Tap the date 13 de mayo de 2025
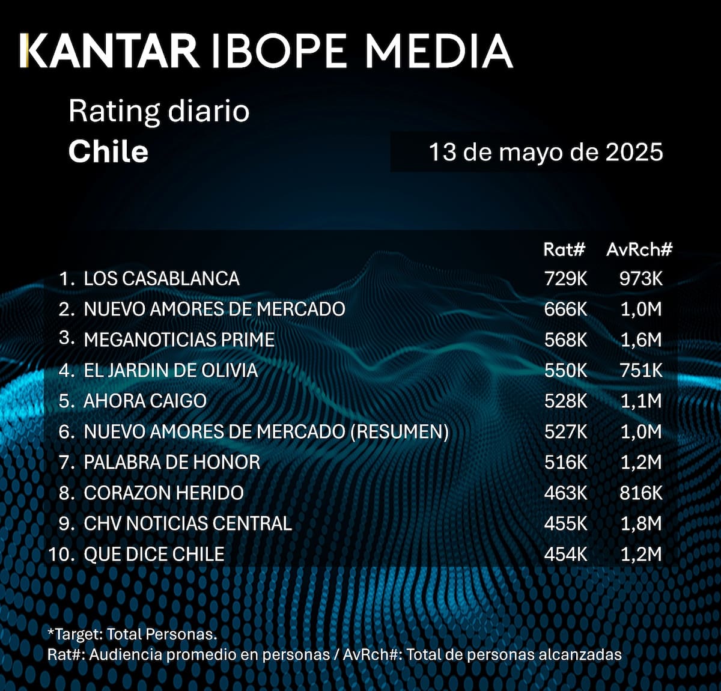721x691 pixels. (545, 152)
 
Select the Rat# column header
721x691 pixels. (564, 249)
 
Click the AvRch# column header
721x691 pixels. (639, 249)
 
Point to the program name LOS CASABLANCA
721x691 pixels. (161, 279)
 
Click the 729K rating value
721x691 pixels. (565, 279)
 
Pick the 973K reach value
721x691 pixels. (640, 279)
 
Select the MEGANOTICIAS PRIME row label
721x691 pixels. (179, 340)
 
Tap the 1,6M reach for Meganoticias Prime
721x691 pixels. (640, 340)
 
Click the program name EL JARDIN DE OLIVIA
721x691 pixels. (171, 371)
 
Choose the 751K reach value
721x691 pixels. (640, 371)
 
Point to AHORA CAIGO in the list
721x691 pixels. (145, 401)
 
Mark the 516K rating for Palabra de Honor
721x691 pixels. (565, 463)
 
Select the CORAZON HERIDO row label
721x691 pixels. (163, 493)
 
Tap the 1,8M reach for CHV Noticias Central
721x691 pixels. (640, 524)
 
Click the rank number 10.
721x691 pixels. (60, 554)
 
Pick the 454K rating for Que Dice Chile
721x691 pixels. (565, 554)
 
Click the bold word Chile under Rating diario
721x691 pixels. (108, 151)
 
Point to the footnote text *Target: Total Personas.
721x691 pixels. (132, 634)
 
